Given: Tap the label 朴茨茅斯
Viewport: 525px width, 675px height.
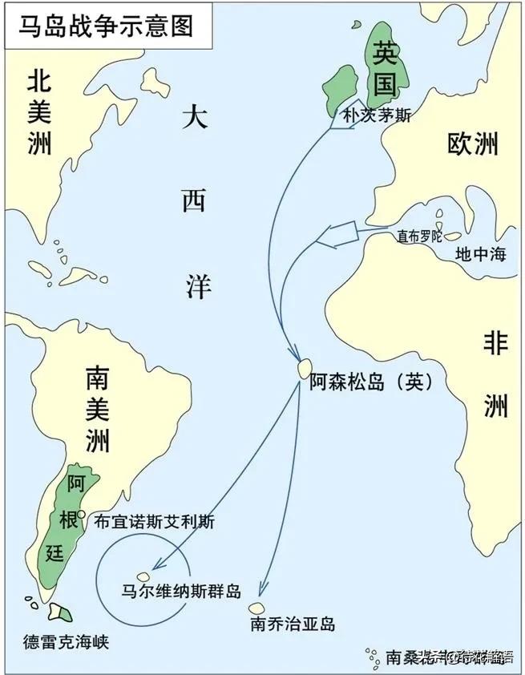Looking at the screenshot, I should [377, 115].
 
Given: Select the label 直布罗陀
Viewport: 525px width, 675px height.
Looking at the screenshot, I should [419, 236].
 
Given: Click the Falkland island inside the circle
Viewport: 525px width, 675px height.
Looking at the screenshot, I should [144, 576].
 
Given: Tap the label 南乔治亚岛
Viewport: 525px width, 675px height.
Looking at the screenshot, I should [292, 624].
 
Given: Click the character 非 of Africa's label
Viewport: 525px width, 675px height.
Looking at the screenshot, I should [495, 344].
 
